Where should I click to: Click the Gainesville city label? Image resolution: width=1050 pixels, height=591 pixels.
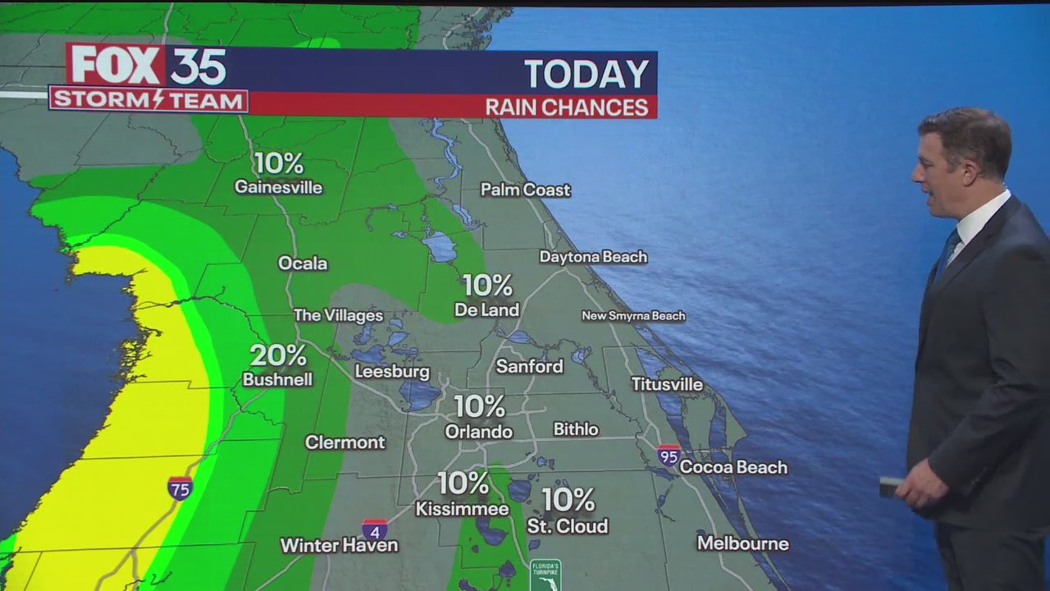pos(278,187)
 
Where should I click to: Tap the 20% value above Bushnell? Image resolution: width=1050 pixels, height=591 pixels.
pos(278,355)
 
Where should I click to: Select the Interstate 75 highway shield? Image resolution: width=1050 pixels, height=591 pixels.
pos(180,488)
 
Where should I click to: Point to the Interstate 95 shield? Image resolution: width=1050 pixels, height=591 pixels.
pos(669,456)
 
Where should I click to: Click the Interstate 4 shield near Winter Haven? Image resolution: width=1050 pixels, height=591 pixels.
pos(375,529)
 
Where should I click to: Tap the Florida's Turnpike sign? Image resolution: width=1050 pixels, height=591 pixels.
pos(545,575)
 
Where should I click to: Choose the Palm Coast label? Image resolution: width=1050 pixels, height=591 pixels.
pos(525,190)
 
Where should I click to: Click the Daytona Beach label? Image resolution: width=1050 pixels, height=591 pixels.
pos(593,257)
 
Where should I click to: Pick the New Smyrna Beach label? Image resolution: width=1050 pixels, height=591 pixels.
pos(633,316)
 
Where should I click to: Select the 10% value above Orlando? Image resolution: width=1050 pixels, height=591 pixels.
pos(479,405)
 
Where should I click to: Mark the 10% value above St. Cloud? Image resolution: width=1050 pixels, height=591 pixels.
pos(568,499)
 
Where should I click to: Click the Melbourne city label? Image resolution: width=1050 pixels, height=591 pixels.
pos(742,543)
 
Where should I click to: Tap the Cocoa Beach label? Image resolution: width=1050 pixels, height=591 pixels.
pos(733,467)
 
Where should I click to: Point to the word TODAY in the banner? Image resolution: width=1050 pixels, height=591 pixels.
pos(587,74)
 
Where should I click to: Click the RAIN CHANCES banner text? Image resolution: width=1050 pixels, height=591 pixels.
pos(567,108)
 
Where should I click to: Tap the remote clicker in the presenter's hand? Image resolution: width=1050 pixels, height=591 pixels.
pos(890,487)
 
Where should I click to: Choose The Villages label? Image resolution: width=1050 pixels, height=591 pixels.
pos(338,315)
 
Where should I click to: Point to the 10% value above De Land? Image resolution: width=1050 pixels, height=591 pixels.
pos(487,286)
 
